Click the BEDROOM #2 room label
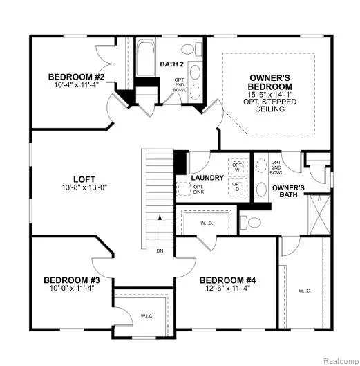click(76, 77)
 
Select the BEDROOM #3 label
click(73, 280)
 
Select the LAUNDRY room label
click(207, 178)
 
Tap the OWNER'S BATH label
click(289, 192)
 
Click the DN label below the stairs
click(159, 251)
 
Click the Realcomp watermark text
click(336, 360)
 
